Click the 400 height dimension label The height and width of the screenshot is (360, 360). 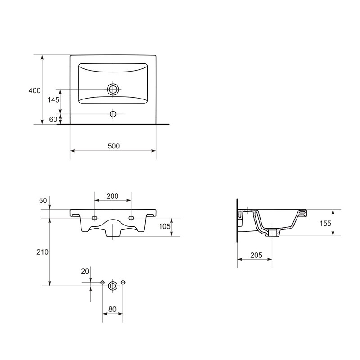coord(35,91)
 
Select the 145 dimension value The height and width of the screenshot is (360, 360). coord(53,100)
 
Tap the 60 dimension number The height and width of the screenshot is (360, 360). coord(53,120)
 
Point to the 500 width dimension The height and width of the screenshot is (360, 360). coord(114,146)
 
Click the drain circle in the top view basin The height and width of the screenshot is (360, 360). coord(113,89)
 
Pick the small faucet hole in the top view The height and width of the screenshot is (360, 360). coord(113,114)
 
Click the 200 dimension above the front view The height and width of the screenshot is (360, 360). coord(112,196)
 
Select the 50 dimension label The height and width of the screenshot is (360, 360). coord(43,201)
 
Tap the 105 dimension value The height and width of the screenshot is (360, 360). coord(165,226)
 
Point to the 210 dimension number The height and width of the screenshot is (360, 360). coord(42,252)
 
